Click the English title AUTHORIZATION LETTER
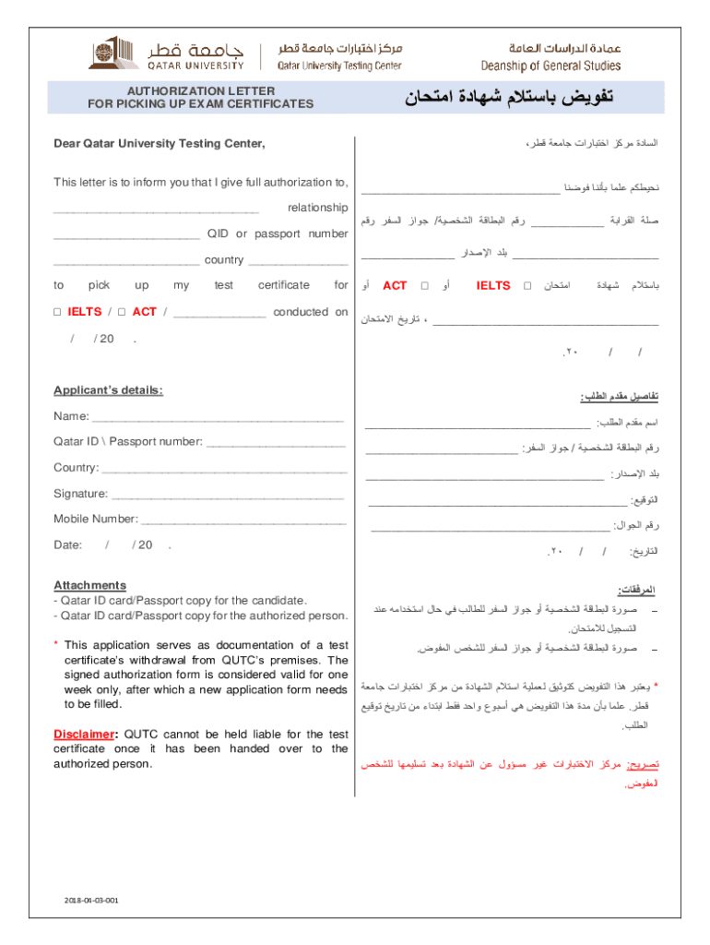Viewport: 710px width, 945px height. click(200, 90)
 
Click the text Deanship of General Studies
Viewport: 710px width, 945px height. click(550, 66)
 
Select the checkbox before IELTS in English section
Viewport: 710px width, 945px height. click(57, 312)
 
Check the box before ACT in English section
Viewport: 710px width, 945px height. click(122, 312)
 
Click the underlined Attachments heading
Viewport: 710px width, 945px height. click(89, 585)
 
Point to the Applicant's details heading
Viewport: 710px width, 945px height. click(108, 390)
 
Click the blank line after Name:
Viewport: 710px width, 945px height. click(218, 418)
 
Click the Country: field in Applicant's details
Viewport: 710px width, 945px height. click(76, 468)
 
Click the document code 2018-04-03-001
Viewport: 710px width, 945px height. click(91, 900)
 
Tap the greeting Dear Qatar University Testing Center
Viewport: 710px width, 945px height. click(159, 144)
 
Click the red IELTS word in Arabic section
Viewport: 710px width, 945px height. click(493, 286)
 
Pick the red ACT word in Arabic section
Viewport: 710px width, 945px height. click(395, 286)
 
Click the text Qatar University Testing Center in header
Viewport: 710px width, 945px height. click(340, 66)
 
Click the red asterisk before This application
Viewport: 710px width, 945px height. click(56, 645)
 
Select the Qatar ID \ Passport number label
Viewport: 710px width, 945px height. click(127, 442)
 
